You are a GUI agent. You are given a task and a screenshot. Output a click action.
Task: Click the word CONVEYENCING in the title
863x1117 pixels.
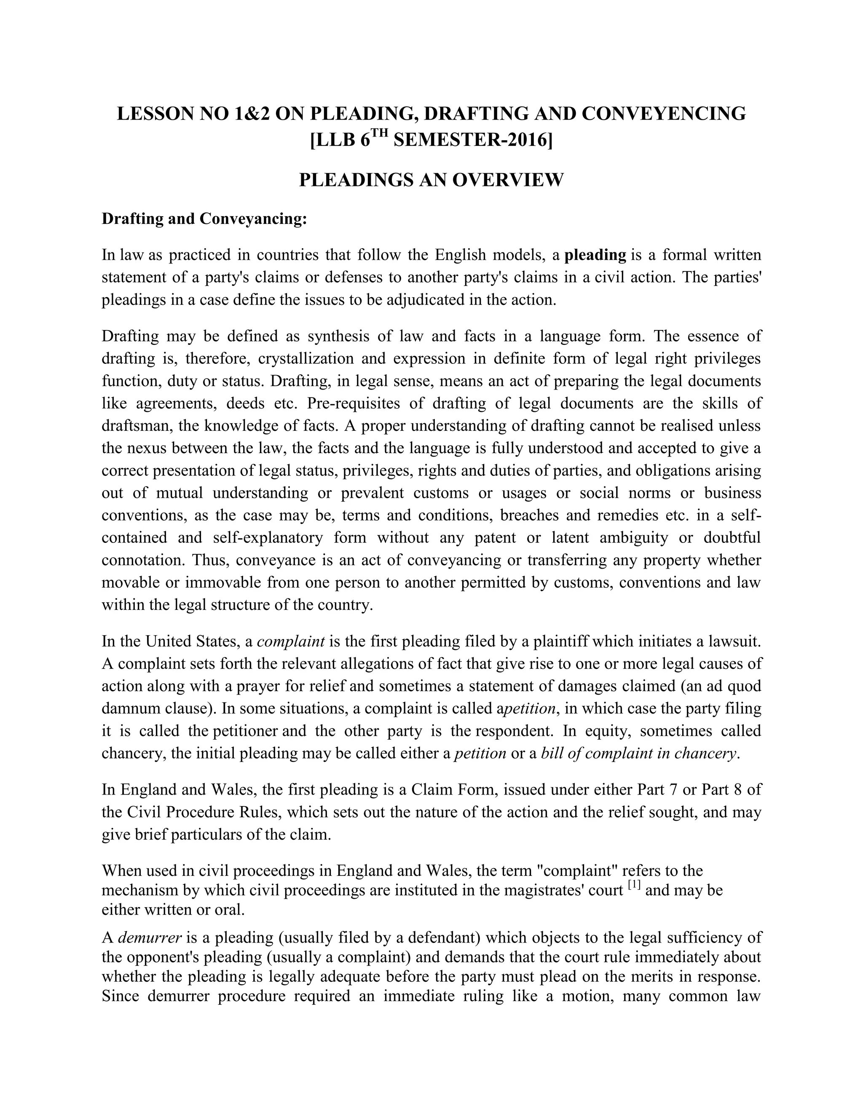pos(663,113)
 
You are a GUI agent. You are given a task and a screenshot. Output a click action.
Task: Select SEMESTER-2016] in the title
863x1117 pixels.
pos(473,140)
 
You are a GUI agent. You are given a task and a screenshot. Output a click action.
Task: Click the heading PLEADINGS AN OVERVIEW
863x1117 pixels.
pos(431,180)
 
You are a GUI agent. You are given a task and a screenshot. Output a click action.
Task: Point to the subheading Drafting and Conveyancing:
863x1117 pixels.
pos(204,219)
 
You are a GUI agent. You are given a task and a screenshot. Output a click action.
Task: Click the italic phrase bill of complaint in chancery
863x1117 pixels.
pos(639,753)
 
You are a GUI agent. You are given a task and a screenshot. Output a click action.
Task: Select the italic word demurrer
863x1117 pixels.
pos(150,938)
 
